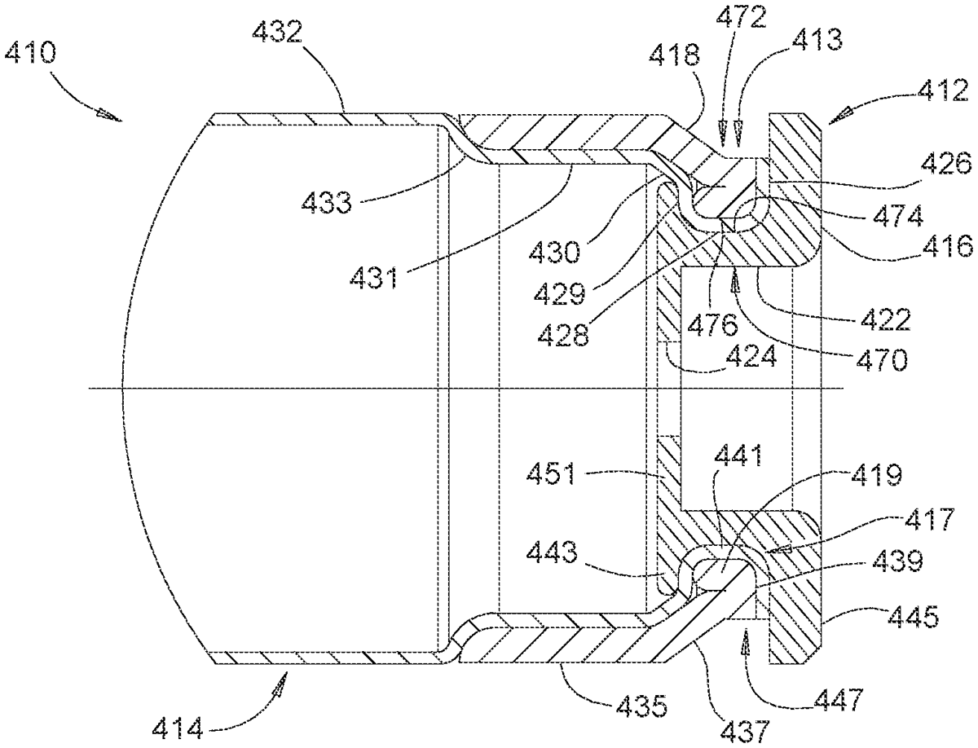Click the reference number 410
coord(30,53)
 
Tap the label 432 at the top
coord(278,32)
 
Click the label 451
coord(552,474)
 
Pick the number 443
coord(552,552)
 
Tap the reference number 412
coord(943,90)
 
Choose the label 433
coord(327,203)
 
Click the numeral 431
coord(373,279)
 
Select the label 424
coord(751,356)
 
